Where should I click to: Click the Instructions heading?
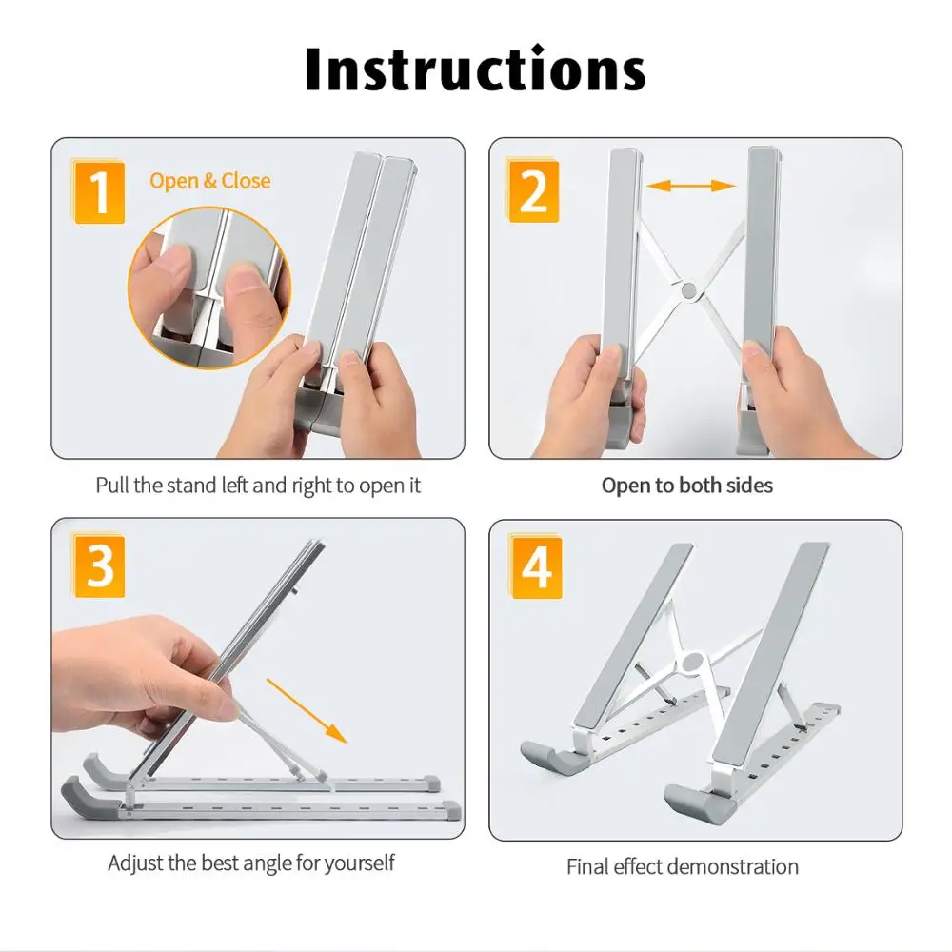(x=475, y=69)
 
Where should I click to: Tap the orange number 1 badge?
(x=99, y=190)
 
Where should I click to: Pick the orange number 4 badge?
(x=536, y=567)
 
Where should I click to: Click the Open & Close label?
(x=209, y=181)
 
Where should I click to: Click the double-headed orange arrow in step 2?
(x=692, y=187)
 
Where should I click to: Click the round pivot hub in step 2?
(x=690, y=288)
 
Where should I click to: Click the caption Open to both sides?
(x=686, y=486)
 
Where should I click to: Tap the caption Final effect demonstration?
(x=682, y=866)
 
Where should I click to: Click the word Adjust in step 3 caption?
(x=135, y=863)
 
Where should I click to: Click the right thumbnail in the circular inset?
(x=246, y=279)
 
